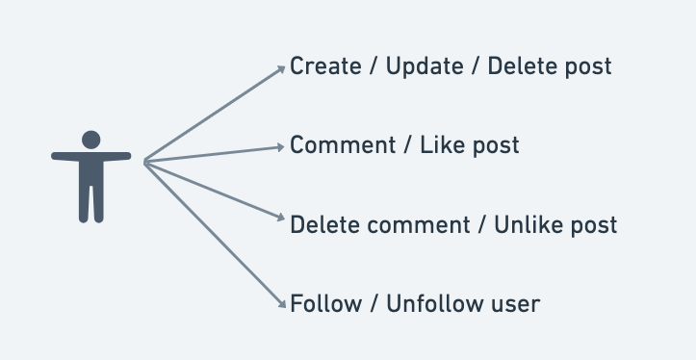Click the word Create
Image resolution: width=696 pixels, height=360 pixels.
point(323,66)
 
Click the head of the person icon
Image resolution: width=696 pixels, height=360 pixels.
point(90,139)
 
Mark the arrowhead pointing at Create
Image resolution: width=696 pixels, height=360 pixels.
point(283,68)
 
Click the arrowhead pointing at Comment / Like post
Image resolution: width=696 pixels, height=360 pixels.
point(283,146)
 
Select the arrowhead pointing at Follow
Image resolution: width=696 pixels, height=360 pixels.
point(283,303)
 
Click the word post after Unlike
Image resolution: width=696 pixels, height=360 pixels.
point(595,226)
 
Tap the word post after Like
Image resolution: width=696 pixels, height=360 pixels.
point(497,146)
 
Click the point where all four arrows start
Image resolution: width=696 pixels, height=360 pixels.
point(144,162)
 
